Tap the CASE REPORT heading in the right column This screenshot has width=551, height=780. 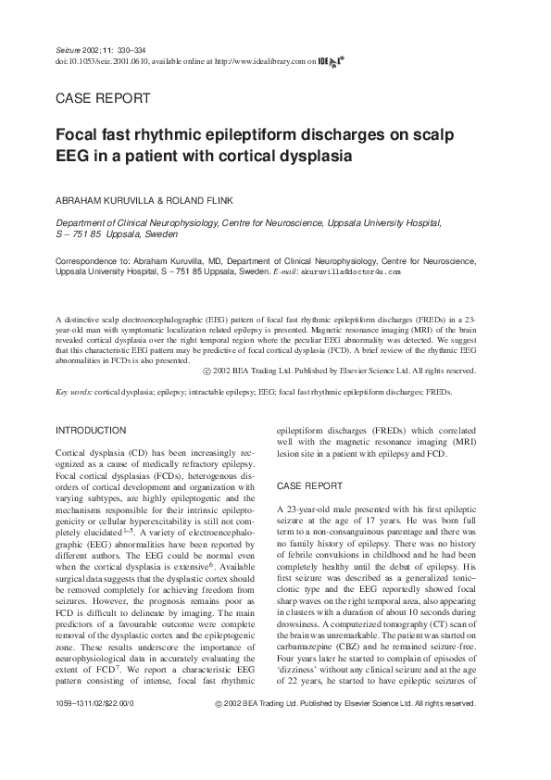pos(310,486)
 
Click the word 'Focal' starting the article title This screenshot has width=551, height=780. pos(80,135)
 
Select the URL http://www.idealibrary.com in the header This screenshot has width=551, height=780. pos(266,61)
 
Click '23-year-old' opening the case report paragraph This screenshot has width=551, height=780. pos(309,510)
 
